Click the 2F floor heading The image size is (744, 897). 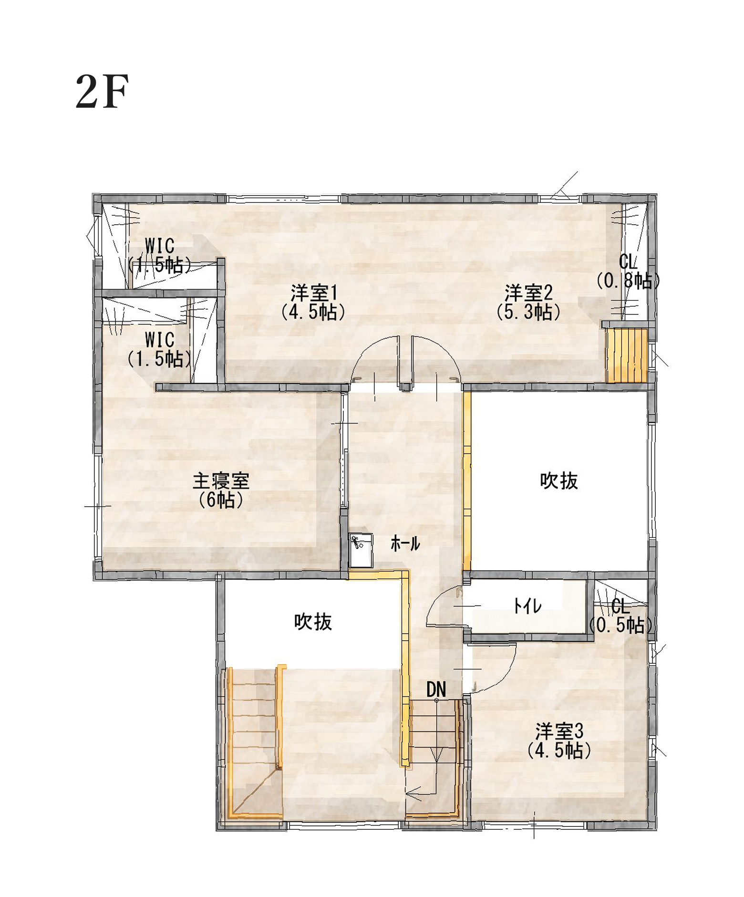click(102, 92)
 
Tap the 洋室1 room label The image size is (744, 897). click(314, 292)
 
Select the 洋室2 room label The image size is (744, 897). click(528, 292)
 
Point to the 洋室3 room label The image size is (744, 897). click(559, 730)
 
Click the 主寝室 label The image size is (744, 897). click(221, 481)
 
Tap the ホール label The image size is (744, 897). click(405, 543)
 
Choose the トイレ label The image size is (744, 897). click(528, 606)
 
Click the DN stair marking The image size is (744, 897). click(436, 689)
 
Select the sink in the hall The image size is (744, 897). click(361, 550)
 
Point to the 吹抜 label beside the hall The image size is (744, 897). click(559, 481)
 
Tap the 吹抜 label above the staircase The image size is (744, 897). click(313, 622)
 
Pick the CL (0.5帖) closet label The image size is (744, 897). click(620, 616)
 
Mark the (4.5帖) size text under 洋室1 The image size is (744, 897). click(313, 312)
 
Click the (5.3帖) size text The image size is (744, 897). click(528, 312)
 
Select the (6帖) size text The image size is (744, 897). click(221, 500)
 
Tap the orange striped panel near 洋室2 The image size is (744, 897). click(627, 355)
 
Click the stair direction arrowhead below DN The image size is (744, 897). click(412, 793)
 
